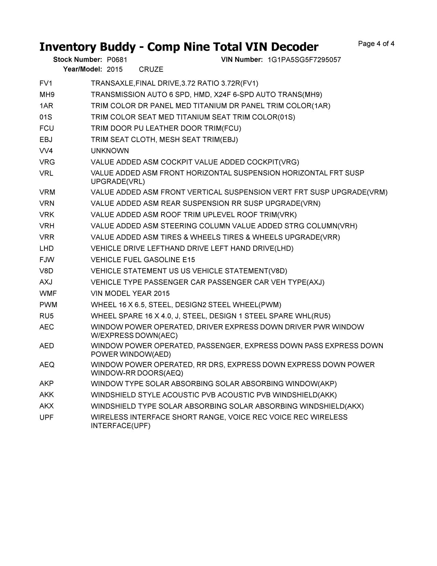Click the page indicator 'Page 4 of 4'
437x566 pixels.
tap(376, 44)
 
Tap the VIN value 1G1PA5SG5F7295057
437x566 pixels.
tap(304, 60)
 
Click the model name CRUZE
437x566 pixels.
tap(151, 69)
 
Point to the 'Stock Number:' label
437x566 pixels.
tap(77, 59)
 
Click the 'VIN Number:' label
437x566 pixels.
tap(242, 59)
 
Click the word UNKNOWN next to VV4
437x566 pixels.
tap(110, 151)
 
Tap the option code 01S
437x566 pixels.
tap(46, 117)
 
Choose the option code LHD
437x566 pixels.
tap(46, 248)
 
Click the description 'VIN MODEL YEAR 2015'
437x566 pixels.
tap(130, 294)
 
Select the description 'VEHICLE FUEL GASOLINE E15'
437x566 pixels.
tap(143, 260)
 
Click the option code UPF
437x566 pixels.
tap(46, 417)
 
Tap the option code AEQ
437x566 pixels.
tap(47, 365)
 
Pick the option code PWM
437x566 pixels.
tap(48, 305)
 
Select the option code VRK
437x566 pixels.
tap(47, 215)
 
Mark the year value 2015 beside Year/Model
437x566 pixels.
tap(115, 69)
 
